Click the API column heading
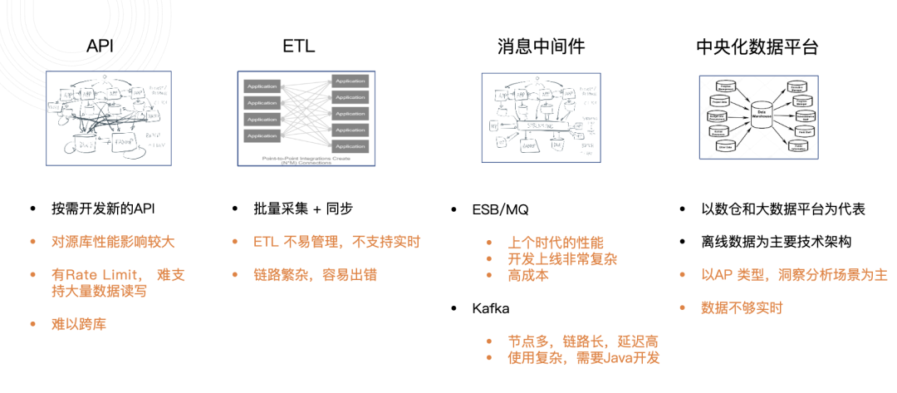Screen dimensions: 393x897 (x=100, y=47)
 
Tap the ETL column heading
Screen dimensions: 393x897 (x=298, y=47)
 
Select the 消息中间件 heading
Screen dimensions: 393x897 (x=541, y=47)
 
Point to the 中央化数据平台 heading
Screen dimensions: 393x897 (x=757, y=47)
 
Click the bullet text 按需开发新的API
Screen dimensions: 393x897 (x=100, y=209)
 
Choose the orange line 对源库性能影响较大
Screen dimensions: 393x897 (x=114, y=242)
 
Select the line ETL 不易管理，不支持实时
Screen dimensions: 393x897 (x=336, y=242)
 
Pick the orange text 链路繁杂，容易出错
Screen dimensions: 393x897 (x=315, y=274)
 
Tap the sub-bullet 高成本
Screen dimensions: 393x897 (x=528, y=275)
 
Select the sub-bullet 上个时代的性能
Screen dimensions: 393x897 (x=556, y=243)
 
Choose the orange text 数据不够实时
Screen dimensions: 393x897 (x=742, y=307)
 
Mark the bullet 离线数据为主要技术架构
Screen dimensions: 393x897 (x=776, y=242)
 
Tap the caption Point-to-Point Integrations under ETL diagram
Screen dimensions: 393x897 (x=300, y=158)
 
